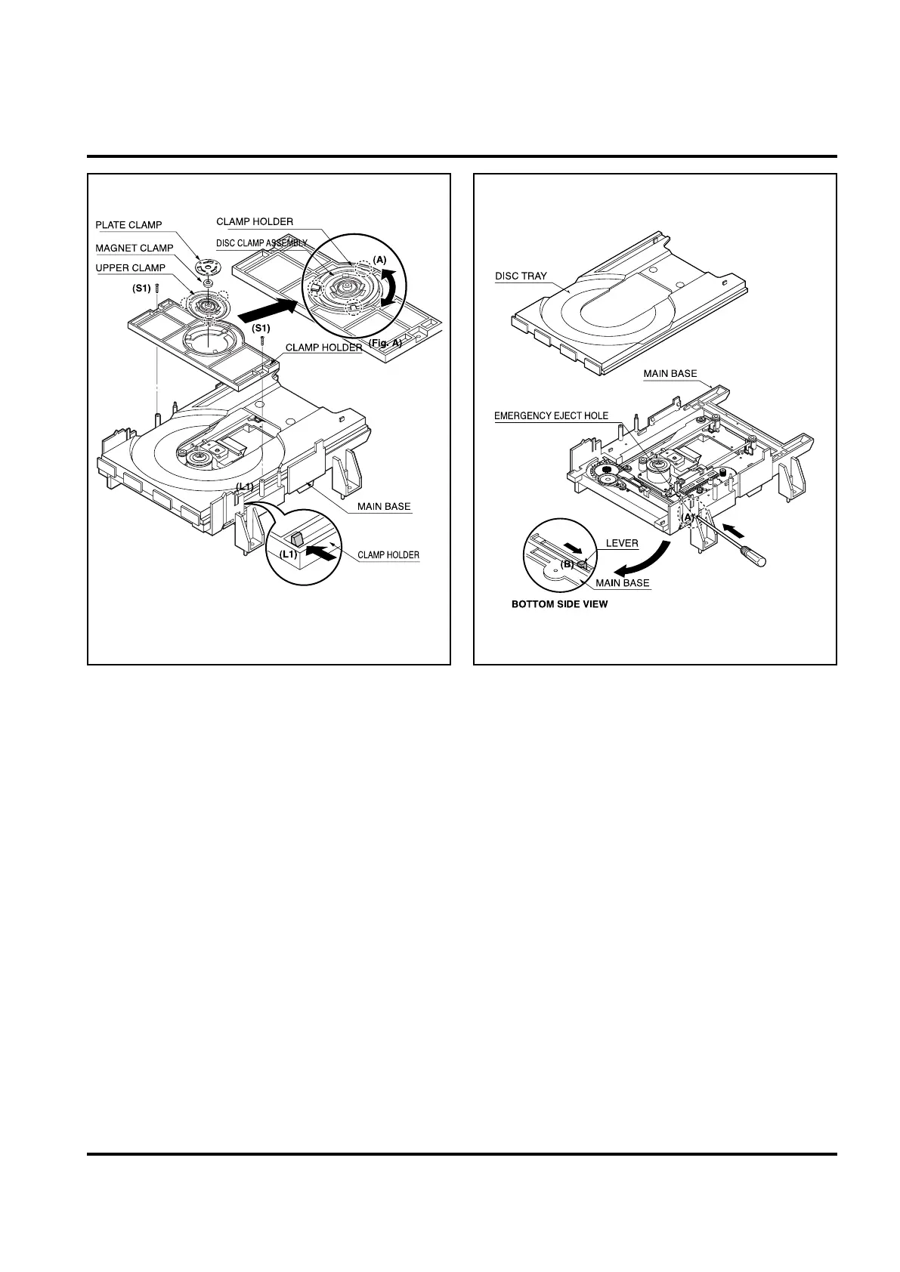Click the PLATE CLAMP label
click(x=128, y=225)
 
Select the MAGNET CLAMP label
click(x=134, y=248)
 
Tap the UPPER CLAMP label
click(x=130, y=268)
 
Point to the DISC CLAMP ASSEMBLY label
click(x=261, y=243)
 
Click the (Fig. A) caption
click(x=385, y=343)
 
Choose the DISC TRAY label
click(x=521, y=276)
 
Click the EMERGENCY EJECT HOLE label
click(x=551, y=416)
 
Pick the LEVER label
click(x=622, y=543)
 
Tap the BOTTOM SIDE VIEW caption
click(x=559, y=604)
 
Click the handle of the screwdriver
click(x=756, y=558)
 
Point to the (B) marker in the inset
click(x=567, y=563)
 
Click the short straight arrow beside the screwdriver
click(x=732, y=525)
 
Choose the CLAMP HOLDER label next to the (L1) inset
click(x=388, y=555)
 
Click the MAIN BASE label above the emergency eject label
click(x=670, y=374)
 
